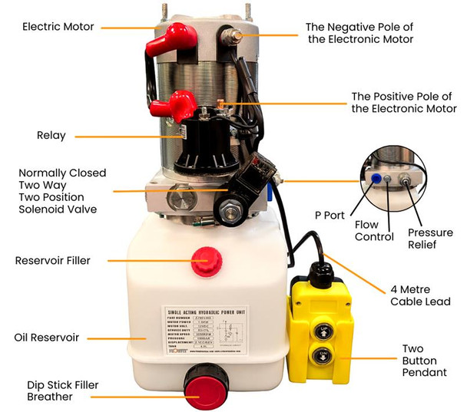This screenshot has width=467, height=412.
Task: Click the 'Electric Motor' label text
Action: pos(58,27)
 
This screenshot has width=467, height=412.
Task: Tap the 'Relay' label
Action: pos(51,136)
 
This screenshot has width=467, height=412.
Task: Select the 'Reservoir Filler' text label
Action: pos(52,261)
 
